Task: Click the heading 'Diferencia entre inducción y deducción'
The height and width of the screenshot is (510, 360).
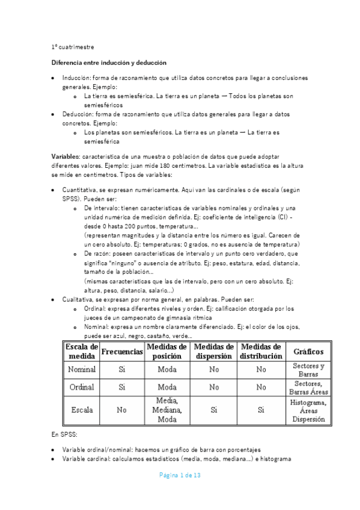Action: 109,63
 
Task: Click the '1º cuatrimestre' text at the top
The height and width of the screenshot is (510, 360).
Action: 73,47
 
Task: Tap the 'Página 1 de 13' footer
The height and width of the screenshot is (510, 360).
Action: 179,475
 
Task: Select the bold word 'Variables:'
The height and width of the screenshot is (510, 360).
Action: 67,156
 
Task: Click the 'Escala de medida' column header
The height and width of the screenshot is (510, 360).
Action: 82,351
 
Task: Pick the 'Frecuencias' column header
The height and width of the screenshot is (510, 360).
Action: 121,351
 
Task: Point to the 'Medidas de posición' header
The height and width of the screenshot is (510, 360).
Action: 166,351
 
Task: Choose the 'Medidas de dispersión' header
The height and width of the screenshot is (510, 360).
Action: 213,351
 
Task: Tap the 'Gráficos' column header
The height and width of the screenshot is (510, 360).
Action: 308,351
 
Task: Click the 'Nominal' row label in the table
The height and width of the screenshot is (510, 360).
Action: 82,369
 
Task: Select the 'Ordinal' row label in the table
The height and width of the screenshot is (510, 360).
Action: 82,387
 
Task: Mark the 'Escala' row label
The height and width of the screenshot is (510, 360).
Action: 82,411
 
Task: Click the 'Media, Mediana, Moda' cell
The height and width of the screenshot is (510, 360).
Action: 166,411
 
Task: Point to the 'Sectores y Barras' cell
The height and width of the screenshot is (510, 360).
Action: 308,369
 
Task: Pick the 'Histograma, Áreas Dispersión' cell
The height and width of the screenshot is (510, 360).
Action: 308,411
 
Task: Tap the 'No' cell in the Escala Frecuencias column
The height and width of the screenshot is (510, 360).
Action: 121,411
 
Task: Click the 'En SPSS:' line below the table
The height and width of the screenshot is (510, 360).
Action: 64,433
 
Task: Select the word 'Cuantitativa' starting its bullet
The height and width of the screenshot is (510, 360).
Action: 81,189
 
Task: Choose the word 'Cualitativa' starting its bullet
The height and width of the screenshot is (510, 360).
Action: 79,300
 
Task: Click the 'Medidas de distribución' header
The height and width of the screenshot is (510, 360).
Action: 261,351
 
